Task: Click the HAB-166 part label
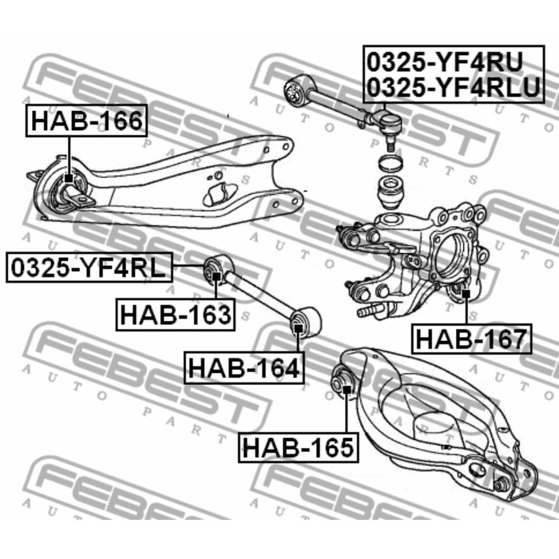86,121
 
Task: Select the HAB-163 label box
176,315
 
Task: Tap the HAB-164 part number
244,367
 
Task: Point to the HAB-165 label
298,447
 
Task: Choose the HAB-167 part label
471,339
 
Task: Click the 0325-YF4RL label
89,268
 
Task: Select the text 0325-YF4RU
445,61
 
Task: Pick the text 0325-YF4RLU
454,87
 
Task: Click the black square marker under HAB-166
69,178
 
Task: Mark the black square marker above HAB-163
216,276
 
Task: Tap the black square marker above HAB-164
298,327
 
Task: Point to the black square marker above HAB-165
346,390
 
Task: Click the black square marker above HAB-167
466,293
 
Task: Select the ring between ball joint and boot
391,164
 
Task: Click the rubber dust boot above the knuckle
391,193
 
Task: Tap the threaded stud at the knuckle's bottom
370,310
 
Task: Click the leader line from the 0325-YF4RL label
189,266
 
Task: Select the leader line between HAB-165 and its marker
346,413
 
